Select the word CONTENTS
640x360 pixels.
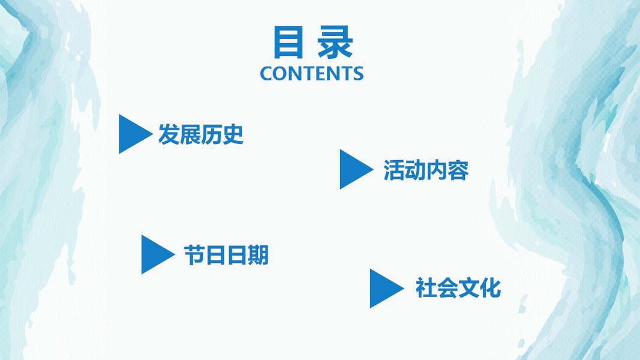pyautogui.click(x=311, y=73)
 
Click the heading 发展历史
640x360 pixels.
pyautogui.click(x=201, y=134)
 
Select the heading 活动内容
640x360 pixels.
pyautogui.click(x=426, y=170)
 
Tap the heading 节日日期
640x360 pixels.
pyautogui.click(x=226, y=256)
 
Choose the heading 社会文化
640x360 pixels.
pyautogui.click(x=458, y=289)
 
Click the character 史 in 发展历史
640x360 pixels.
pyautogui.click(x=233, y=134)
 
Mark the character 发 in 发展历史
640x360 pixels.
pyautogui.click(x=169, y=134)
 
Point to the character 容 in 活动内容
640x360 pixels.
pyautogui.click(x=458, y=170)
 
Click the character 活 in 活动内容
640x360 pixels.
pyautogui.click(x=394, y=170)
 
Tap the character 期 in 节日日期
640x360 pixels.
pyautogui.click(x=258, y=256)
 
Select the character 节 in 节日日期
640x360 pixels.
pyautogui.click(x=194, y=256)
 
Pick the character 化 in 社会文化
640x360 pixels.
pyautogui.click(x=490, y=289)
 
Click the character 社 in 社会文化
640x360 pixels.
pyautogui.click(x=426, y=289)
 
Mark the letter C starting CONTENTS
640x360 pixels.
pyautogui.click(x=266, y=73)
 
